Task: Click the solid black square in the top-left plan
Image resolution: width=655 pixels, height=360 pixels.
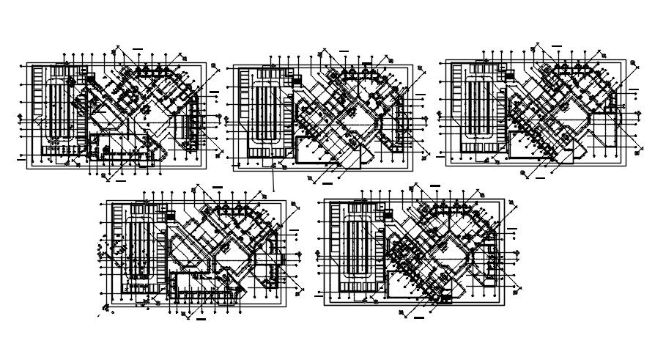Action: pos(91,77)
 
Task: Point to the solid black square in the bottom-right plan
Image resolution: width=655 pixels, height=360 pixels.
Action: pos(387,216)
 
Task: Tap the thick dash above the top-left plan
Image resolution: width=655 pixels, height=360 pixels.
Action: pos(138,48)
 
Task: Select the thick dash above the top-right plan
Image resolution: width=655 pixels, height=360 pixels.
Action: pos(557,47)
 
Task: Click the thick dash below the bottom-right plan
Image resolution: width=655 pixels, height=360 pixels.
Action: pos(418,319)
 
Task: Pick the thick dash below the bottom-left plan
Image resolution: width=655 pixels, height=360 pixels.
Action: pos(201,320)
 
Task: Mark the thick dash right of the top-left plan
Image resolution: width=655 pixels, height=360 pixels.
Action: pos(214,92)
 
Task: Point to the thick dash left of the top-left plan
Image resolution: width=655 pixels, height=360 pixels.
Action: pos(21,157)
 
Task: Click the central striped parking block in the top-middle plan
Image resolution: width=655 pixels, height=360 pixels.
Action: pos(265,115)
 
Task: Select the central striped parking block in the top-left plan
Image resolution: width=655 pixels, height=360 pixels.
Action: pos(59,110)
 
